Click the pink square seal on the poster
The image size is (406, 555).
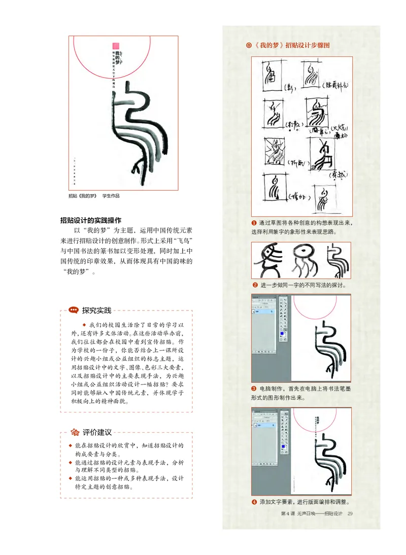point(116,46)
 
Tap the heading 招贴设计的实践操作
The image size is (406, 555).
point(90,220)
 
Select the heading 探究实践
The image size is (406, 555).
point(96,310)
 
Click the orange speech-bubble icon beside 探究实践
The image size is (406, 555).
point(74,310)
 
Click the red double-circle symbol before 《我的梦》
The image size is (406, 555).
point(248,45)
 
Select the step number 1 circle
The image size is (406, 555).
point(254,223)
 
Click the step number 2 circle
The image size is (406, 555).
point(255,285)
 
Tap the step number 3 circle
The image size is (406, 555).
point(254,389)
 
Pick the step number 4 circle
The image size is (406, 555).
point(254,502)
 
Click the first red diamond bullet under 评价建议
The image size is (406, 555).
point(71,445)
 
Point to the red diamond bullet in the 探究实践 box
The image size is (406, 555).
point(84,324)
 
